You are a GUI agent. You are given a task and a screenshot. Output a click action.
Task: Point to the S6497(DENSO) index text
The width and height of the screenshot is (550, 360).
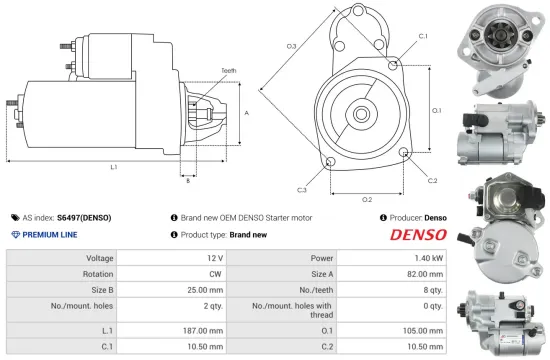[x=84, y=217]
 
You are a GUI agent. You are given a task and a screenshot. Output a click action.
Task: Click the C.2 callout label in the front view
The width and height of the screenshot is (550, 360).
[x=432, y=180]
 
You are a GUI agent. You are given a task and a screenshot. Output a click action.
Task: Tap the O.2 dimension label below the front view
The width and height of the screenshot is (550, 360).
[x=367, y=198]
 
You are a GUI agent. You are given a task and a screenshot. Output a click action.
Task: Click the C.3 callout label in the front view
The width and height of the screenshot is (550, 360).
[x=301, y=189]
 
